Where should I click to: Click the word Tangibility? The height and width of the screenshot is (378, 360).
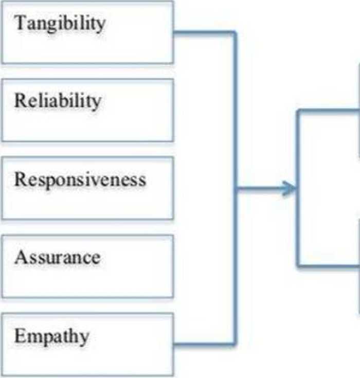60,23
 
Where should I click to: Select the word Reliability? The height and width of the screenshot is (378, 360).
57,101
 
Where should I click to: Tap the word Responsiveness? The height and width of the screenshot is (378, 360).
80,179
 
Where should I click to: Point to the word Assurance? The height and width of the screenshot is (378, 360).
57,257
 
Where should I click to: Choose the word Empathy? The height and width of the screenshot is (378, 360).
51,336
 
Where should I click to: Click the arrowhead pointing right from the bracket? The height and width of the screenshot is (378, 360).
291,189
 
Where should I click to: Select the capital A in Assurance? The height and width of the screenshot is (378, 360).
20,257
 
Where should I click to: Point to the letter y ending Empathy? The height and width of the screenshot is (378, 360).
84,338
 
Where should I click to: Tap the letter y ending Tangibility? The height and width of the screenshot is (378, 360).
101,25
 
